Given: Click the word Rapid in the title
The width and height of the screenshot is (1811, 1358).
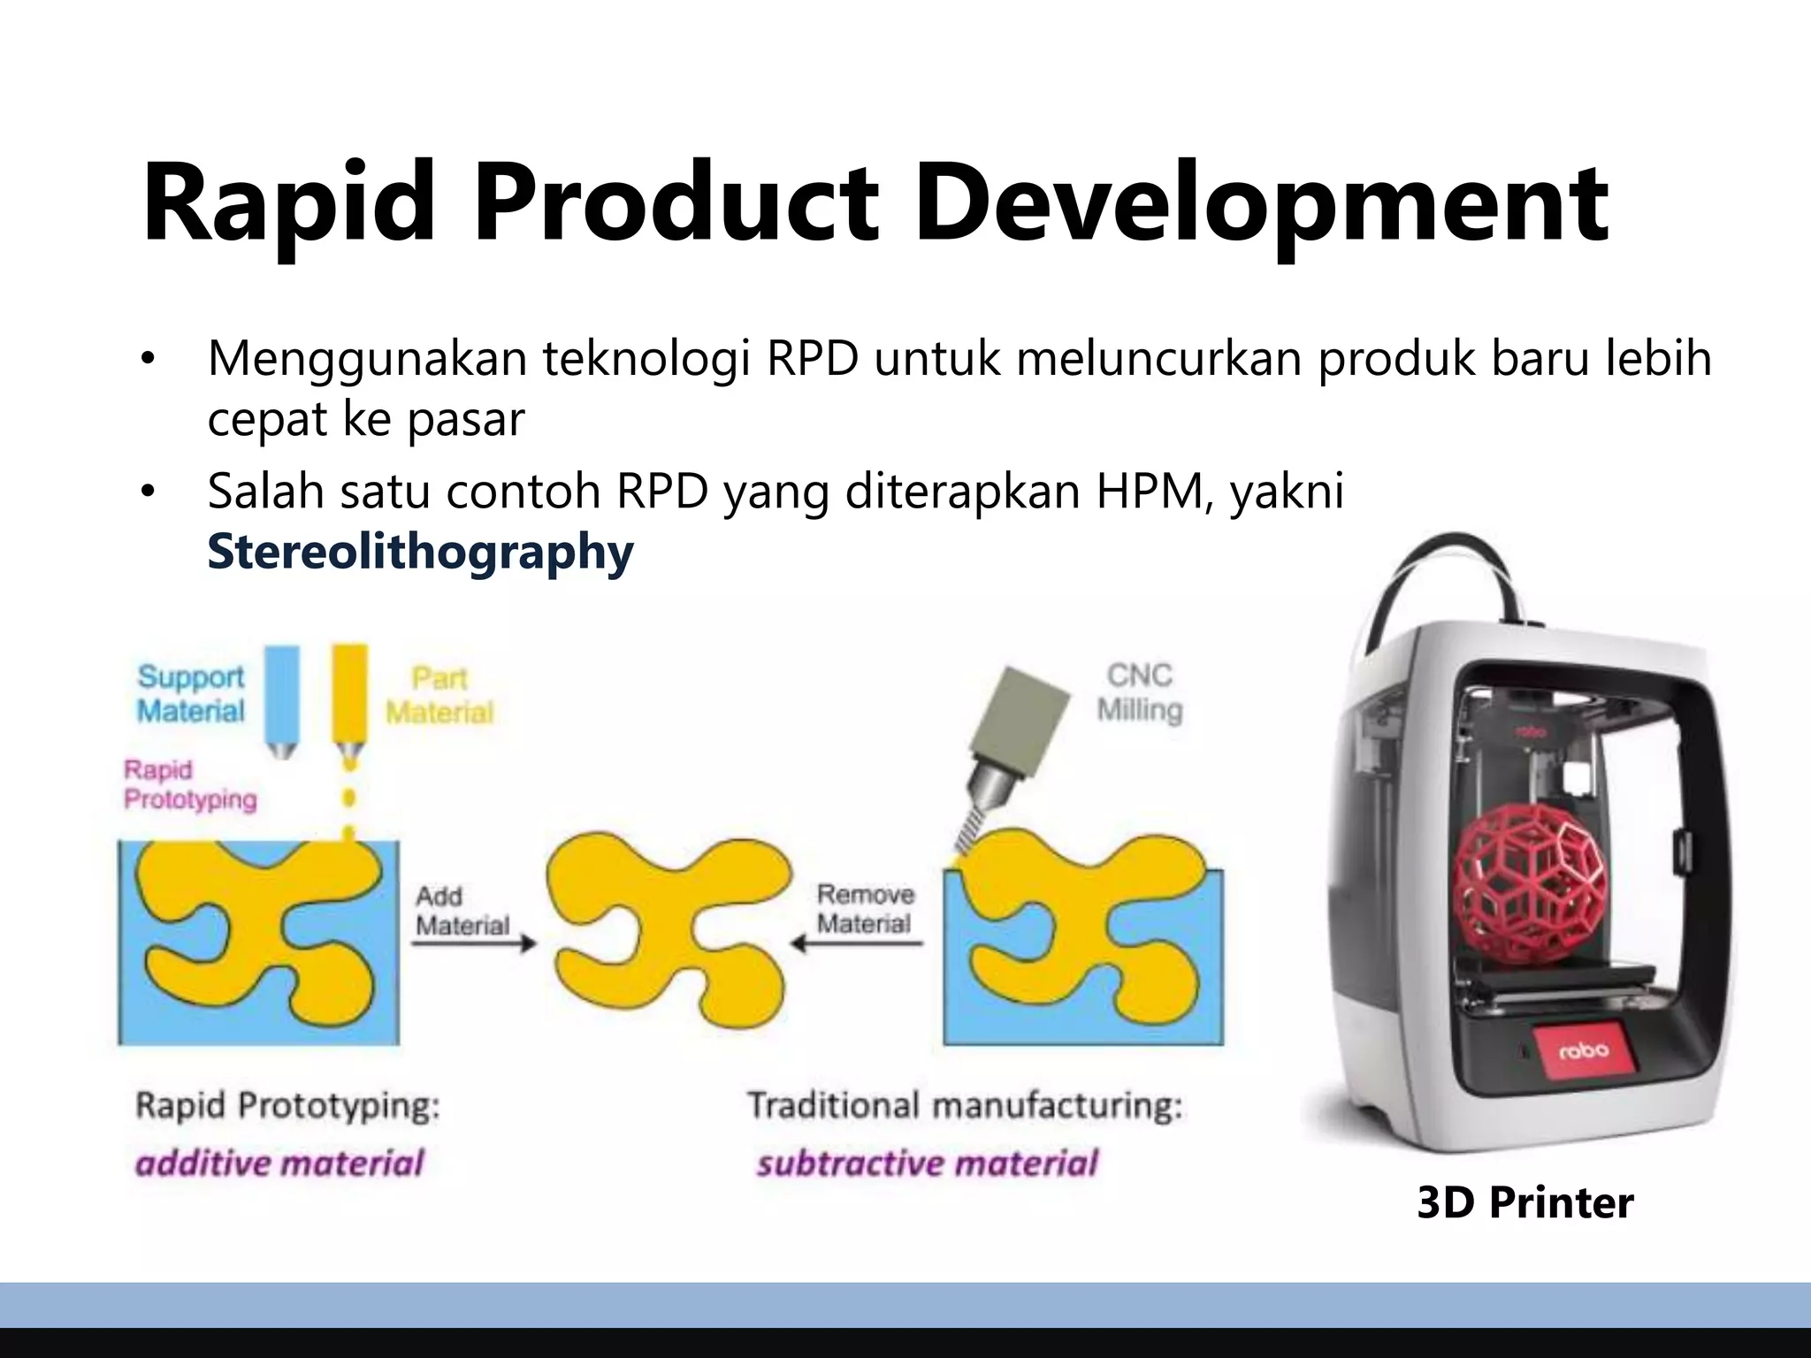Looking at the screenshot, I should [288, 203].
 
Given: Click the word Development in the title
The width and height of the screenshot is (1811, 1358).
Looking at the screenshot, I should [1261, 203].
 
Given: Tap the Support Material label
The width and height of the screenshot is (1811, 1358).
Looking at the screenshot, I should [190, 694].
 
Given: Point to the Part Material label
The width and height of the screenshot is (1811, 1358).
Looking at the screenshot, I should [439, 695].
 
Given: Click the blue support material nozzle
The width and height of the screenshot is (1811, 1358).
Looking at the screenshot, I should [282, 698].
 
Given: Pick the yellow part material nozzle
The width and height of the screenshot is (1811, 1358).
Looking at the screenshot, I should [349, 698].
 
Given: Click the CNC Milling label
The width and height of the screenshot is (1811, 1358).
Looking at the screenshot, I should [1139, 692].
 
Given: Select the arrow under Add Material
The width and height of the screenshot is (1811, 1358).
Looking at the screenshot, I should [474, 943].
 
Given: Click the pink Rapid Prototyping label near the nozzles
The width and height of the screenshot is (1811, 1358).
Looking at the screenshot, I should [189, 784].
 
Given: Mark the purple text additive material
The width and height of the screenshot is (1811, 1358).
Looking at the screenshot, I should [279, 1163].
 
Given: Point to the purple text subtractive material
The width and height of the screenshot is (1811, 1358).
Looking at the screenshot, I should [927, 1163].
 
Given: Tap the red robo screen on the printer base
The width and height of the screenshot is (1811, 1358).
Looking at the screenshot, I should [1584, 1051].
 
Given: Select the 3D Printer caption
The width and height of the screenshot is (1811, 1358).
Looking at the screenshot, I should [1524, 1203].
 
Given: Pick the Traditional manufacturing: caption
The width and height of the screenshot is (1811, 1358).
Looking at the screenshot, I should [965, 1106].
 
